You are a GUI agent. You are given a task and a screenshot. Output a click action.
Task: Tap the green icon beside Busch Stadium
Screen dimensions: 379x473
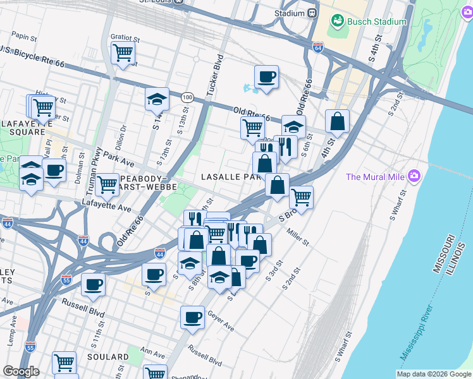[x=337, y=21]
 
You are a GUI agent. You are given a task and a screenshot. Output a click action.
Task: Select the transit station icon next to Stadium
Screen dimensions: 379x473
[x=312, y=13]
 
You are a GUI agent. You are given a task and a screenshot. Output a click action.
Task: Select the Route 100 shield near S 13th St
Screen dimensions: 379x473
[x=187, y=97]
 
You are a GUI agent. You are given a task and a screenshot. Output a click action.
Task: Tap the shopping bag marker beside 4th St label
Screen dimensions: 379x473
[x=338, y=121]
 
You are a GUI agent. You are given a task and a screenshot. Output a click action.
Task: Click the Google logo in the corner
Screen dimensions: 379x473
[x=21, y=371]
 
